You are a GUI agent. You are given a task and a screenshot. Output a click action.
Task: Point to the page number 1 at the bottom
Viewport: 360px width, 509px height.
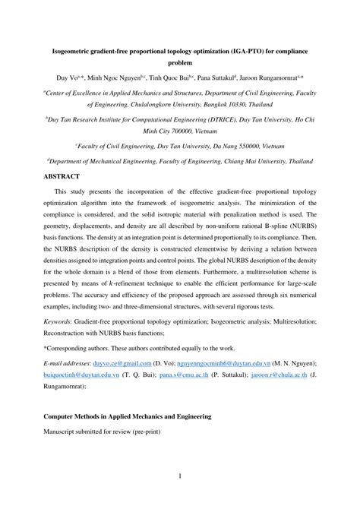click(180, 476)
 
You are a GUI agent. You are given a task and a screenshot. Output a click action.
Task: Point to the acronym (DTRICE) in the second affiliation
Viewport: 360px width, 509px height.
click(203, 120)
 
